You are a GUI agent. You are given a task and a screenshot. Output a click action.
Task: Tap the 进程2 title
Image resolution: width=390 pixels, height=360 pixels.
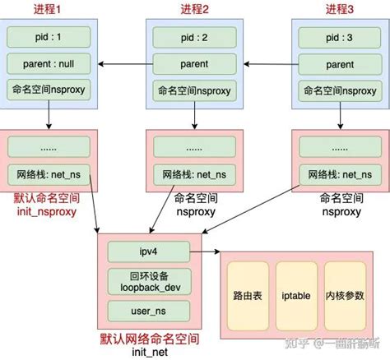point(194,9)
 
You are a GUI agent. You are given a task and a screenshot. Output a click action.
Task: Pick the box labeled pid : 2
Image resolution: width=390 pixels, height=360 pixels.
point(194,38)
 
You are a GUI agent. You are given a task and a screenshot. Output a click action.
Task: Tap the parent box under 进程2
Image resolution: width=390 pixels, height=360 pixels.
point(194,64)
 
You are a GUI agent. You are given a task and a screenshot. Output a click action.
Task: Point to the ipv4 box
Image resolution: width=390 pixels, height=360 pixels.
point(149,251)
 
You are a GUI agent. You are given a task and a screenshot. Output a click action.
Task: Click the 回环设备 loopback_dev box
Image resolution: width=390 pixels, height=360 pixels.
point(149,280)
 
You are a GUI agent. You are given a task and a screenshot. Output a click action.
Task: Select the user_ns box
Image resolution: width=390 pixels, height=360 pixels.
point(149,312)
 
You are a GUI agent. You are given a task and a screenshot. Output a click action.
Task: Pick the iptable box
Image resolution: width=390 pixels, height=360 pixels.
point(295,295)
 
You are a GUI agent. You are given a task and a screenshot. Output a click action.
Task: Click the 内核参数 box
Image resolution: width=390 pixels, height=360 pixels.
point(345,295)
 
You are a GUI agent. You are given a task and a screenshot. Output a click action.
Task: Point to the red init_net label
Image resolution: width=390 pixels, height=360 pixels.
point(149,351)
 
